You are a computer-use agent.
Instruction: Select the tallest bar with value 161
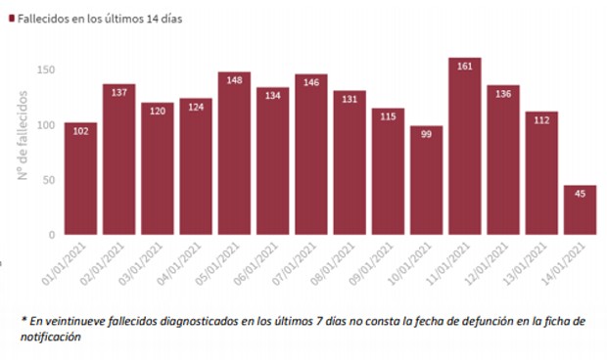point(465,147)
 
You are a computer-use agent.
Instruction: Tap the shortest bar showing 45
point(581,210)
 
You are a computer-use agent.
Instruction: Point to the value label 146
point(311,83)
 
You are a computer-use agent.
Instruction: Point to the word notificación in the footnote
point(53,337)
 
